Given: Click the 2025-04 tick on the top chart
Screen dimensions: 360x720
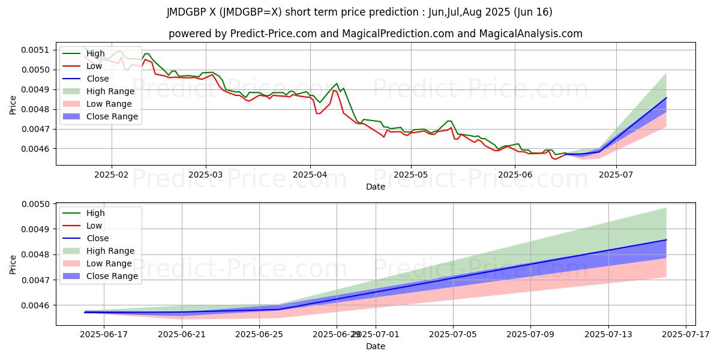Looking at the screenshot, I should pos(310,173).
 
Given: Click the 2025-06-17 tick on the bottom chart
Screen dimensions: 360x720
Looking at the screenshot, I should pos(104,334).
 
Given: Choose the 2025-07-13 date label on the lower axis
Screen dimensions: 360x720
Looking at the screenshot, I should pos(608,334).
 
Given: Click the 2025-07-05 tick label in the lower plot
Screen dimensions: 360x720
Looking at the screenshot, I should pos(454,334).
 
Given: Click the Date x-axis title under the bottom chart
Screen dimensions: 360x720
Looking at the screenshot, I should pos(376,346).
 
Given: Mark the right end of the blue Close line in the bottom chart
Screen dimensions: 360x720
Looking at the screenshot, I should pos(666,240).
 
